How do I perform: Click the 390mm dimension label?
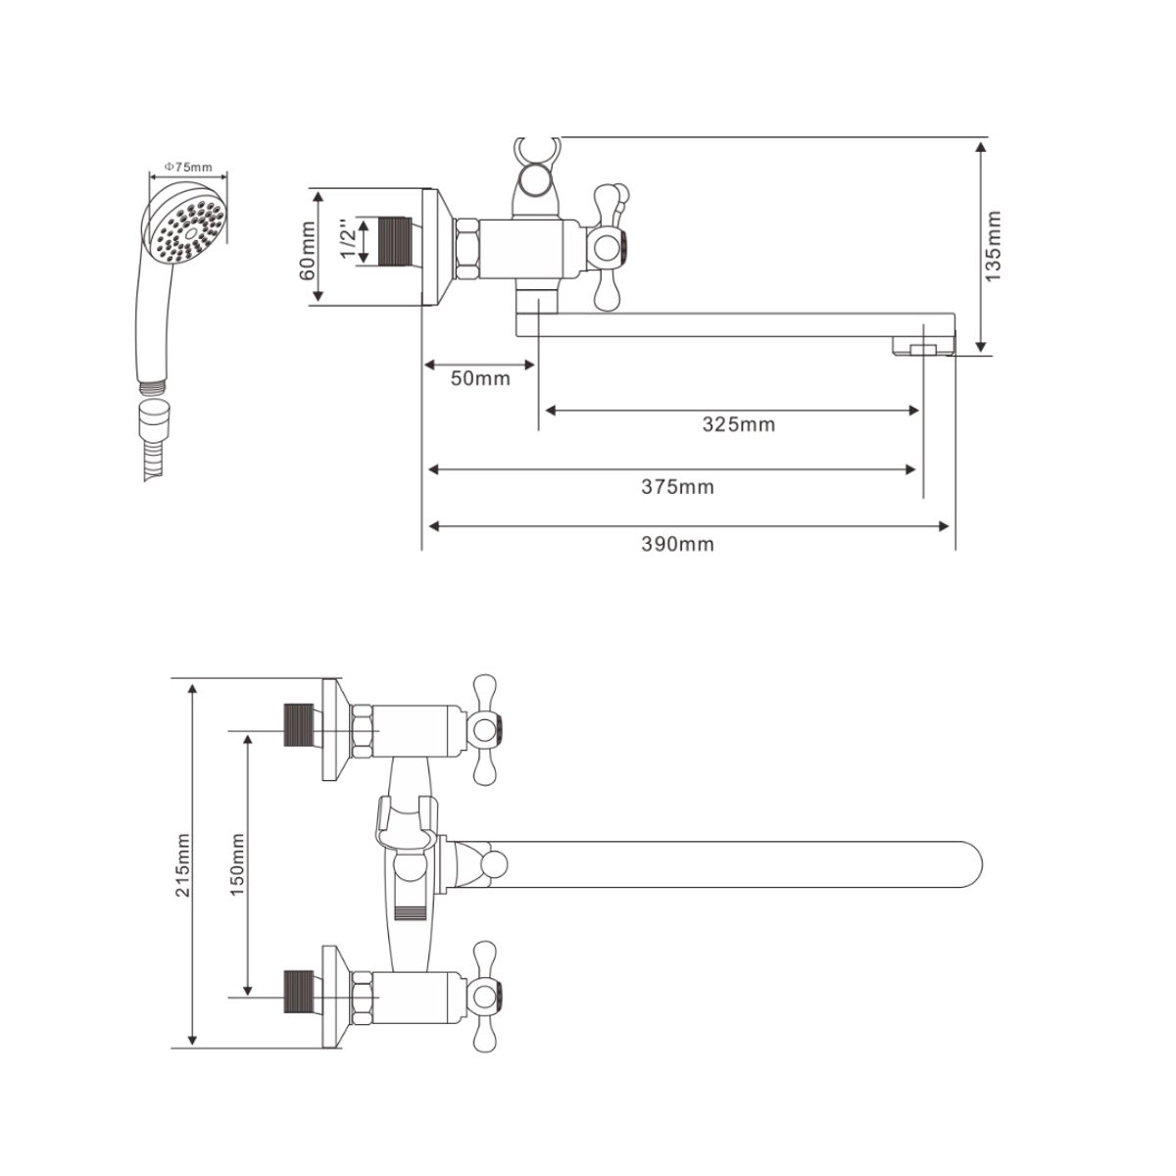(x=679, y=545)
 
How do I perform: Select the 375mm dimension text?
(x=679, y=486)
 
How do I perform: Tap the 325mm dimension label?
(x=738, y=424)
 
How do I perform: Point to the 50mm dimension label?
(x=480, y=378)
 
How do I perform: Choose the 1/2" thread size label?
(x=345, y=241)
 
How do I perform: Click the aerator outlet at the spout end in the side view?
(x=921, y=349)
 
